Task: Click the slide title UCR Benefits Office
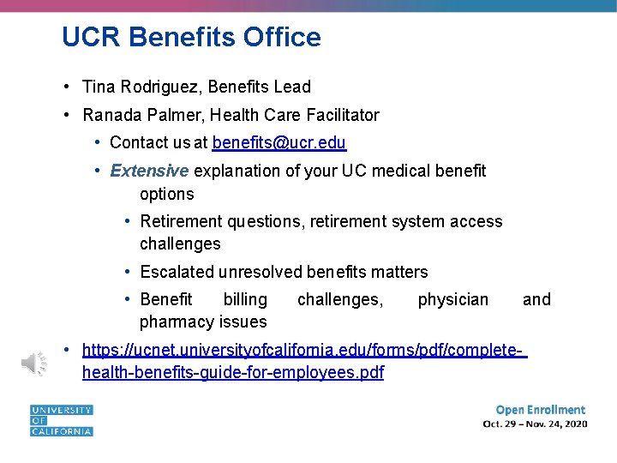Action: [x=191, y=38]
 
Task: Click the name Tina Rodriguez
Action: [x=133, y=87]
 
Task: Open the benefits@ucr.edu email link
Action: [x=279, y=142]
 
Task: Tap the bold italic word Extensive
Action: [x=149, y=171]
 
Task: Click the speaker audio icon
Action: [x=35, y=364]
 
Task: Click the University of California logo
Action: [x=61, y=420]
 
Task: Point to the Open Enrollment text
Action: [x=540, y=410]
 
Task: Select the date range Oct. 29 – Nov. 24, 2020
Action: [x=535, y=424]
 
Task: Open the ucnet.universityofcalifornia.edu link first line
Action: [x=304, y=350]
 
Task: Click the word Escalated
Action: [x=177, y=272]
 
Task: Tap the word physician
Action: [x=452, y=299]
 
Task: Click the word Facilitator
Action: [x=344, y=115]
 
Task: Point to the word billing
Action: [x=245, y=299]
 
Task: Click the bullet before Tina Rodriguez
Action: [x=66, y=87]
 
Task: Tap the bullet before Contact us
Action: [x=99, y=142]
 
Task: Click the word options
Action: [x=167, y=194]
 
